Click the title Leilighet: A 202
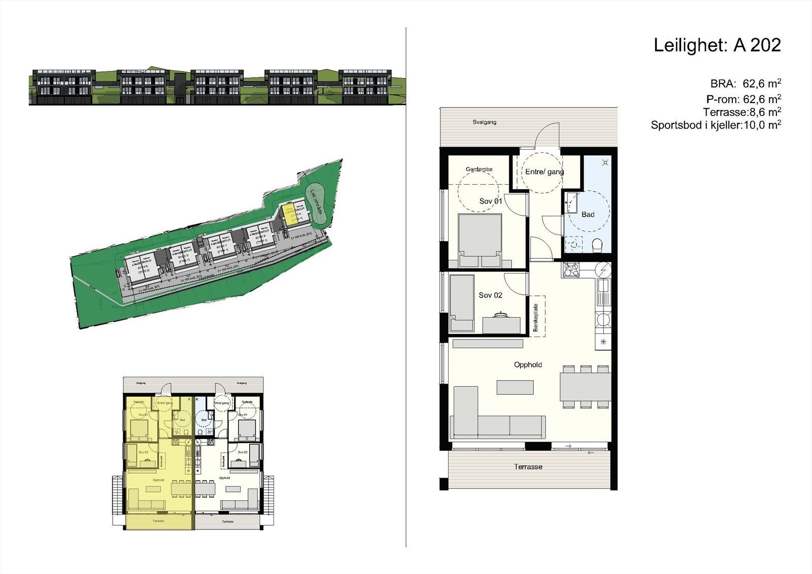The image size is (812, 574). point(717,46)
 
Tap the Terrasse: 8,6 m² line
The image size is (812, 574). point(741,112)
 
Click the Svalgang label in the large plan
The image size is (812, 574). point(484,122)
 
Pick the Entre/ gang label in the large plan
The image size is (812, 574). point(544,172)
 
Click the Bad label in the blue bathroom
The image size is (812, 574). point(588,215)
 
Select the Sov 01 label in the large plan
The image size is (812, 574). point(490,201)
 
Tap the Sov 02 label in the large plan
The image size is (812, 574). point(490,295)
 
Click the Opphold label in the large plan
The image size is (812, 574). point(528,365)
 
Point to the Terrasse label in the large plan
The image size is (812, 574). point(528,467)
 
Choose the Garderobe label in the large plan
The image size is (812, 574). point(479,170)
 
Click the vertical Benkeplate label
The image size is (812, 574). point(535,318)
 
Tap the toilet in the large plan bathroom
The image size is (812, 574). point(597,246)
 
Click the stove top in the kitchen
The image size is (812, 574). point(571,269)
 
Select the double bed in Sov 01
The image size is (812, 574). point(480,240)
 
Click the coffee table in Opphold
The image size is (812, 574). point(515,388)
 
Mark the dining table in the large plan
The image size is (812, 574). point(585,387)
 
